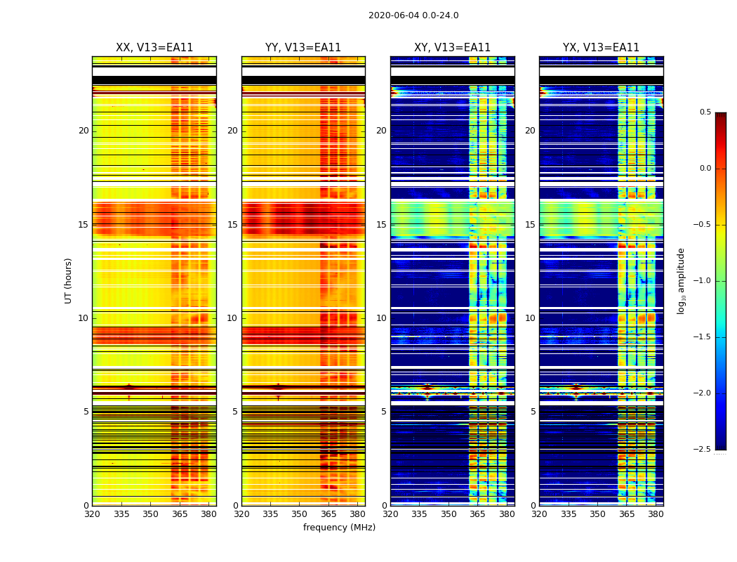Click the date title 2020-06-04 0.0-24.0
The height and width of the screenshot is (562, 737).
(x=413, y=15)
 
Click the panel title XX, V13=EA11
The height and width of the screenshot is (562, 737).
(x=154, y=48)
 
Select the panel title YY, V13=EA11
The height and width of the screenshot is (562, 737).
(x=303, y=48)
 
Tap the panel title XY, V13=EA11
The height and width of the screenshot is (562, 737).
(x=452, y=48)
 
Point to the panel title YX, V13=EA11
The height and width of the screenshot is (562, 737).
(x=601, y=48)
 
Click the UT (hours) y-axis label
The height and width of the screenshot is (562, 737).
(x=69, y=280)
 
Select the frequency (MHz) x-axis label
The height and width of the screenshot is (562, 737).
(x=339, y=528)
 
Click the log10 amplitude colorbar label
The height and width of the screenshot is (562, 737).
(x=681, y=281)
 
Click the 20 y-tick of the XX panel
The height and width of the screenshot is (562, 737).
(x=84, y=131)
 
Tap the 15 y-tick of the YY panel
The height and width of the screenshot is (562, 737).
(x=232, y=225)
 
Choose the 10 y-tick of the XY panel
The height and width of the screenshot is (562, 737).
(x=381, y=318)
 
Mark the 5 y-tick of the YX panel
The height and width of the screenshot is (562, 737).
(x=533, y=412)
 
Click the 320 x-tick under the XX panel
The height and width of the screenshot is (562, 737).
(x=92, y=515)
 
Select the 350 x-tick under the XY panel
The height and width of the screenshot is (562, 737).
(x=449, y=515)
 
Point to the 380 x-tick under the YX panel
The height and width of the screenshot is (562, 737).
(x=656, y=515)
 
